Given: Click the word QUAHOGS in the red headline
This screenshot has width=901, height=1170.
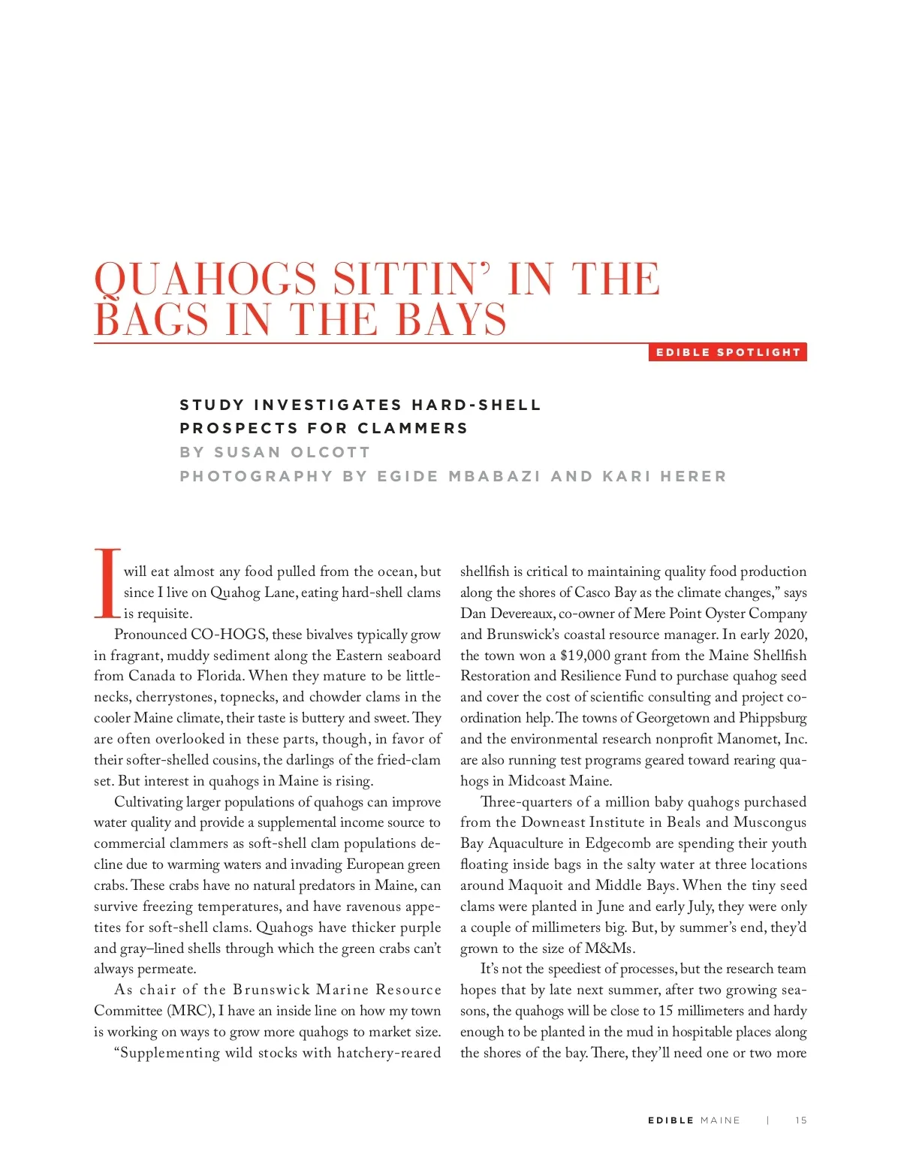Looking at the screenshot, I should (x=205, y=280).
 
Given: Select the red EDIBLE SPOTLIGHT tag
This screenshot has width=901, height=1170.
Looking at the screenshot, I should (x=728, y=352).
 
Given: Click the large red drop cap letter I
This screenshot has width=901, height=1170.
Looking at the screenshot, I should (x=107, y=583).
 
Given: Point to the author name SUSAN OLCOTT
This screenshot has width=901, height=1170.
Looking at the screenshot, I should (x=292, y=452).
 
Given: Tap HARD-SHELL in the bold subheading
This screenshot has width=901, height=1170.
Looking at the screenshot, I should (x=476, y=405).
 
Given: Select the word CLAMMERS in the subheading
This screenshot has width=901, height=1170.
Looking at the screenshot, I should (x=412, y=428).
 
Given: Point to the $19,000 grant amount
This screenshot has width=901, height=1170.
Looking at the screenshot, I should (x=585, y=656).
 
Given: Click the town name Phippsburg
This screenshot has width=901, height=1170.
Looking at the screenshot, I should (x=773, y=718).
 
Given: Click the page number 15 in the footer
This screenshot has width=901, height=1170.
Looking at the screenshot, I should (x=801, y=1120).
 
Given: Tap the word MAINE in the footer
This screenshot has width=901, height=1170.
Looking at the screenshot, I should (x=720, y=1120).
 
